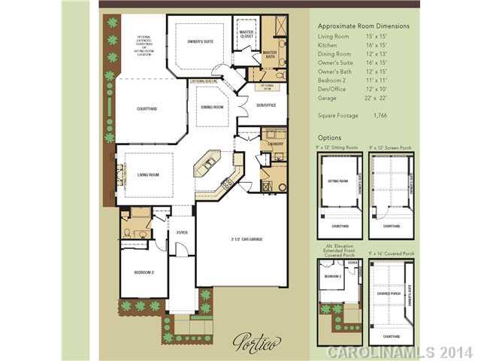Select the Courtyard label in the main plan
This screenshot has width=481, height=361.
(147, 109)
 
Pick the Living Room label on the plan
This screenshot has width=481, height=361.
(148, 174)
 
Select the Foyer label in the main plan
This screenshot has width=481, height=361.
(181, 232)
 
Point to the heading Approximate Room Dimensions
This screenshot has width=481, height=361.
(364, 26)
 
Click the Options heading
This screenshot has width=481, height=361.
(330, 138)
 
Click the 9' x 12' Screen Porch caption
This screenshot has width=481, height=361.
(391, 147)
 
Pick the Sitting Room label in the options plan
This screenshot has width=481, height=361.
(338, 180)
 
